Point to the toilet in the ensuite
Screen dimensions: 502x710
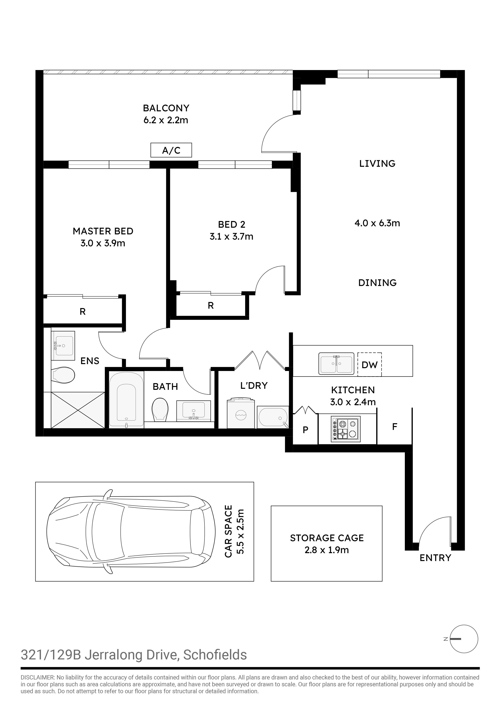63,375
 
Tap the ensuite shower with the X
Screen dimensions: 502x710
78,410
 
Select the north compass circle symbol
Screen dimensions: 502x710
464,639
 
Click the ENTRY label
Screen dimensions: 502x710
435,558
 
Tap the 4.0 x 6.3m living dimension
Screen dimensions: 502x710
377,223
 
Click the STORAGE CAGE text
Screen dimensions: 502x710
327,538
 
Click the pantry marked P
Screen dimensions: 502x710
305,429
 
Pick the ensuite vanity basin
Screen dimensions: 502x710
63,345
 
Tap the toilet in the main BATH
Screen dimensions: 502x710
160,409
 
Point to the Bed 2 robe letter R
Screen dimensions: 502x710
211,306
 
